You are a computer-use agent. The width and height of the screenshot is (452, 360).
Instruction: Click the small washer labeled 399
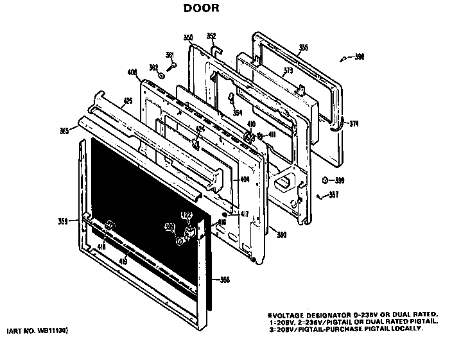(x=326, y=180)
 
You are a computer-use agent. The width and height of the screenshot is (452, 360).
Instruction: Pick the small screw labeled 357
(x=318, y=195)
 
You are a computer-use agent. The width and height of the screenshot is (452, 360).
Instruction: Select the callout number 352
(x=211, y=36)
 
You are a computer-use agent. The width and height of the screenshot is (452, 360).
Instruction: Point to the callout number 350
(x=188, y=37)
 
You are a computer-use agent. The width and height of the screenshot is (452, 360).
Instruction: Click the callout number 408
(x=132, y=73)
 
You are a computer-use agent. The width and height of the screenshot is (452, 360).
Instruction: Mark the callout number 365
(x=64, y=131)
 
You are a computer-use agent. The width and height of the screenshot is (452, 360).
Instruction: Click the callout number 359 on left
(x=63, y=222)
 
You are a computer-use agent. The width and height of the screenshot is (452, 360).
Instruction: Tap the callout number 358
(x=225, y=280)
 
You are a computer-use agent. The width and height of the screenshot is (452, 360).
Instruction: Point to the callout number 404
(x=245, y=180)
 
